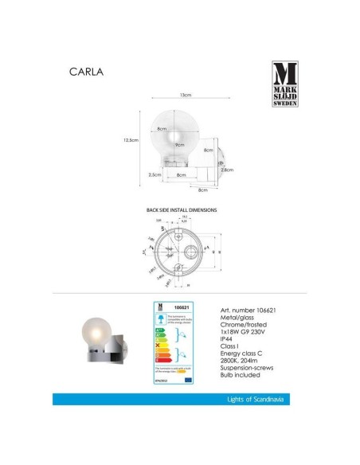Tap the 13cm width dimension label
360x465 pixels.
[186, 95]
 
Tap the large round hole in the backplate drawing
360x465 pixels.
[192, 250]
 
